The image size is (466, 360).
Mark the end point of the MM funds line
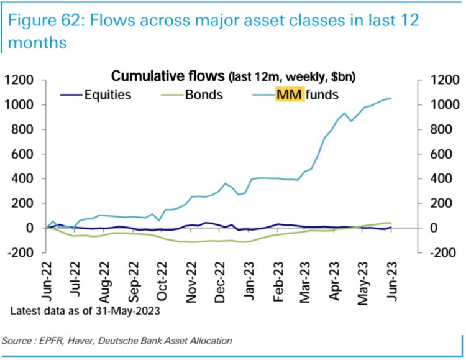(x=391, y=98)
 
